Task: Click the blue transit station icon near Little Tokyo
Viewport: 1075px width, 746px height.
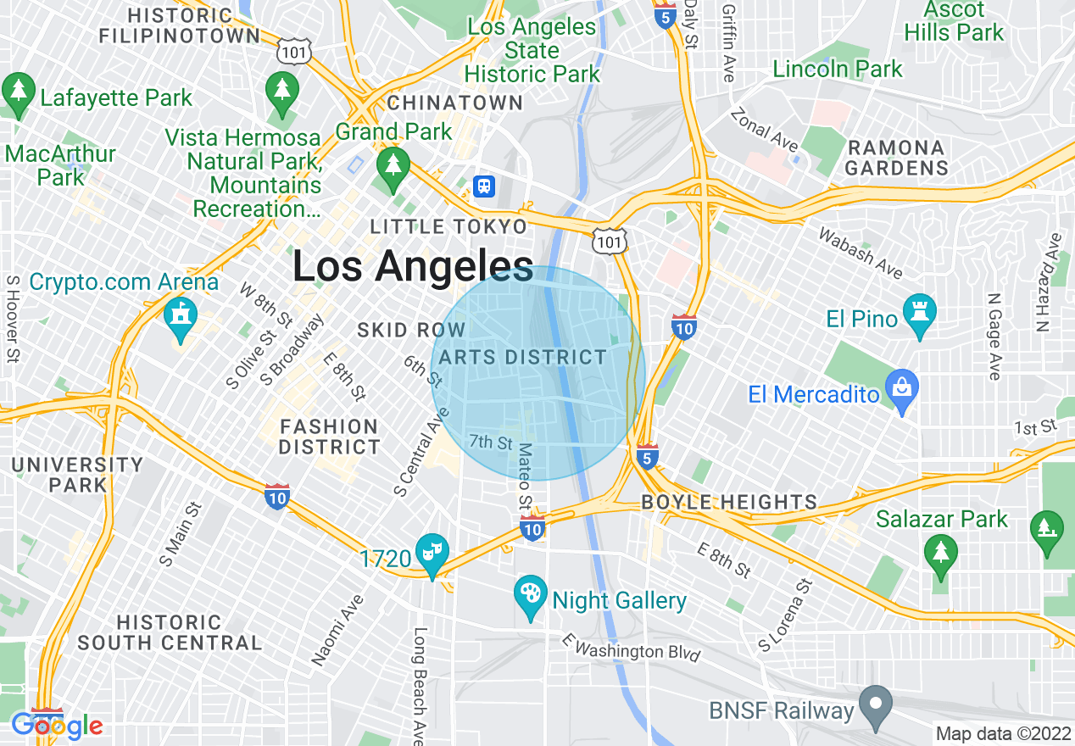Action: pos(484,186)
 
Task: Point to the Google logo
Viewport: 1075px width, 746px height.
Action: pos(57,726)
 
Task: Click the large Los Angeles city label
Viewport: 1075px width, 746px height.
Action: pos(413,266)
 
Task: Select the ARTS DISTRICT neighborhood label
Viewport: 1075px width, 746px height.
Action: pos(523,357)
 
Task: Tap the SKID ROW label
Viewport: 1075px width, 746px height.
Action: pos(411,330)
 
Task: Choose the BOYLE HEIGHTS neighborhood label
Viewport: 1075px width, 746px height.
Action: pos(729,502)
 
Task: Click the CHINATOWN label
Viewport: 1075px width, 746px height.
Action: pos(454,103)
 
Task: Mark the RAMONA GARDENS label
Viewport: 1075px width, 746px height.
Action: pos(896,158)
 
